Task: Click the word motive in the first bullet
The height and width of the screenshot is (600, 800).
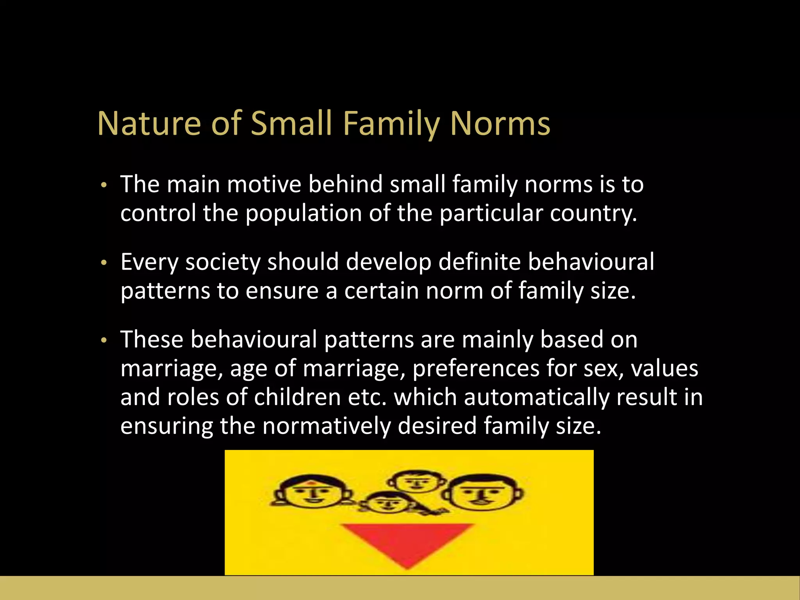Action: click(264, 184)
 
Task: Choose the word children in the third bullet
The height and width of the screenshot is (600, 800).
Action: click(297, 397)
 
